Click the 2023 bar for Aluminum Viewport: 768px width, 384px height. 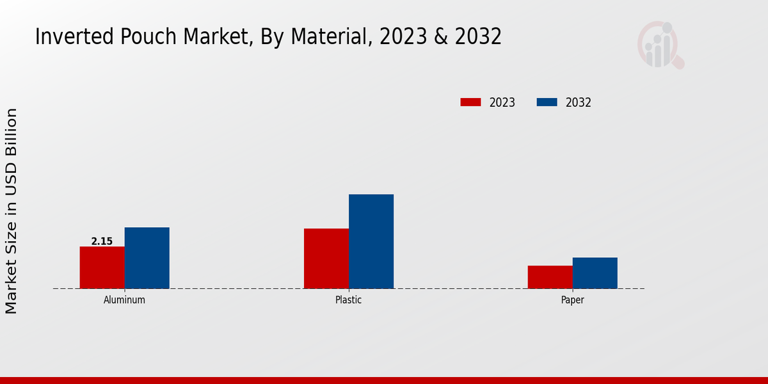point(102,268)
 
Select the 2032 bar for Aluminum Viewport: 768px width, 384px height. point(147,258)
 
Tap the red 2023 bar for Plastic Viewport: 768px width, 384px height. point(326,259)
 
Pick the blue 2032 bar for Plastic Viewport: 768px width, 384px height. point(371,241)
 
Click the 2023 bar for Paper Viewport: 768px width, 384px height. point(550,277)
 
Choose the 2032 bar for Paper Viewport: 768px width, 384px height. point(595,273)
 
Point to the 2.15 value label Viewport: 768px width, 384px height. point(102,241)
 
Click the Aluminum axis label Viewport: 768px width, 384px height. point(124,300)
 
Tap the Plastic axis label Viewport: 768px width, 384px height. point(348,300)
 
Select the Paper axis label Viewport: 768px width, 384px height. point(572,300)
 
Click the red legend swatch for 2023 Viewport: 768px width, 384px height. point(470,102)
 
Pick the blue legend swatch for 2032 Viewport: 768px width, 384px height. point(547,102)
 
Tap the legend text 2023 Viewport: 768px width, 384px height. point(502,102)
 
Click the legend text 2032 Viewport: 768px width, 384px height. point(579,102)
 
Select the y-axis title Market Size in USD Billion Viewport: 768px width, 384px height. point(12,211)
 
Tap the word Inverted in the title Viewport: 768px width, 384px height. point(68,37)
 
